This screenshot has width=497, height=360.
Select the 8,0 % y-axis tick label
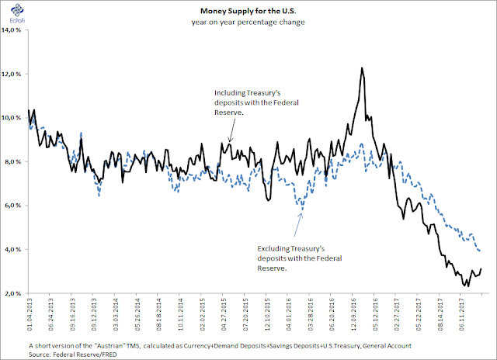coord(15,162)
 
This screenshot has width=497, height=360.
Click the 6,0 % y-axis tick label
coord(15,206)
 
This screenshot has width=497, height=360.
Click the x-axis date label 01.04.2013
coord(29,317)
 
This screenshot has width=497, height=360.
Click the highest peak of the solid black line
coord(362,68)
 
